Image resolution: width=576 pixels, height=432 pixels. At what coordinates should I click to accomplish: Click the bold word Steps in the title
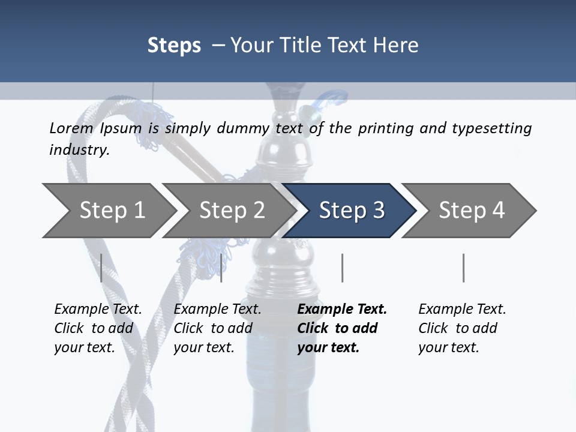(174, 46)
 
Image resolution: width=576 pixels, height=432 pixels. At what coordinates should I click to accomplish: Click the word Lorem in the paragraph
(71, 128)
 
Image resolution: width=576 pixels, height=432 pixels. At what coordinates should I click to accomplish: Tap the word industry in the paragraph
(79, 150)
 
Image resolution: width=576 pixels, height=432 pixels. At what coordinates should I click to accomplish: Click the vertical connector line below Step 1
(101, 268)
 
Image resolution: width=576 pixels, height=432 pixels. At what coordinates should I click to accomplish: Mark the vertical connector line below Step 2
(221, 268)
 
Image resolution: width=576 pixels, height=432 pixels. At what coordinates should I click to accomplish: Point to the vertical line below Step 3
(343, 268)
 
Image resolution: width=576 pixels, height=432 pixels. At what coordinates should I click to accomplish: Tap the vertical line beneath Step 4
(464, 268)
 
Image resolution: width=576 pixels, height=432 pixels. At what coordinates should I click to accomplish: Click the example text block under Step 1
(98, 328)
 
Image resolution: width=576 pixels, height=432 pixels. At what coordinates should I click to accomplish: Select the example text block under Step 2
(217, 328)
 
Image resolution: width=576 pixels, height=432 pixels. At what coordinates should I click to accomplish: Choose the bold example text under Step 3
(342, 328)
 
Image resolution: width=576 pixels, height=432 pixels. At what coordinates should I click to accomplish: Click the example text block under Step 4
(462, 328)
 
